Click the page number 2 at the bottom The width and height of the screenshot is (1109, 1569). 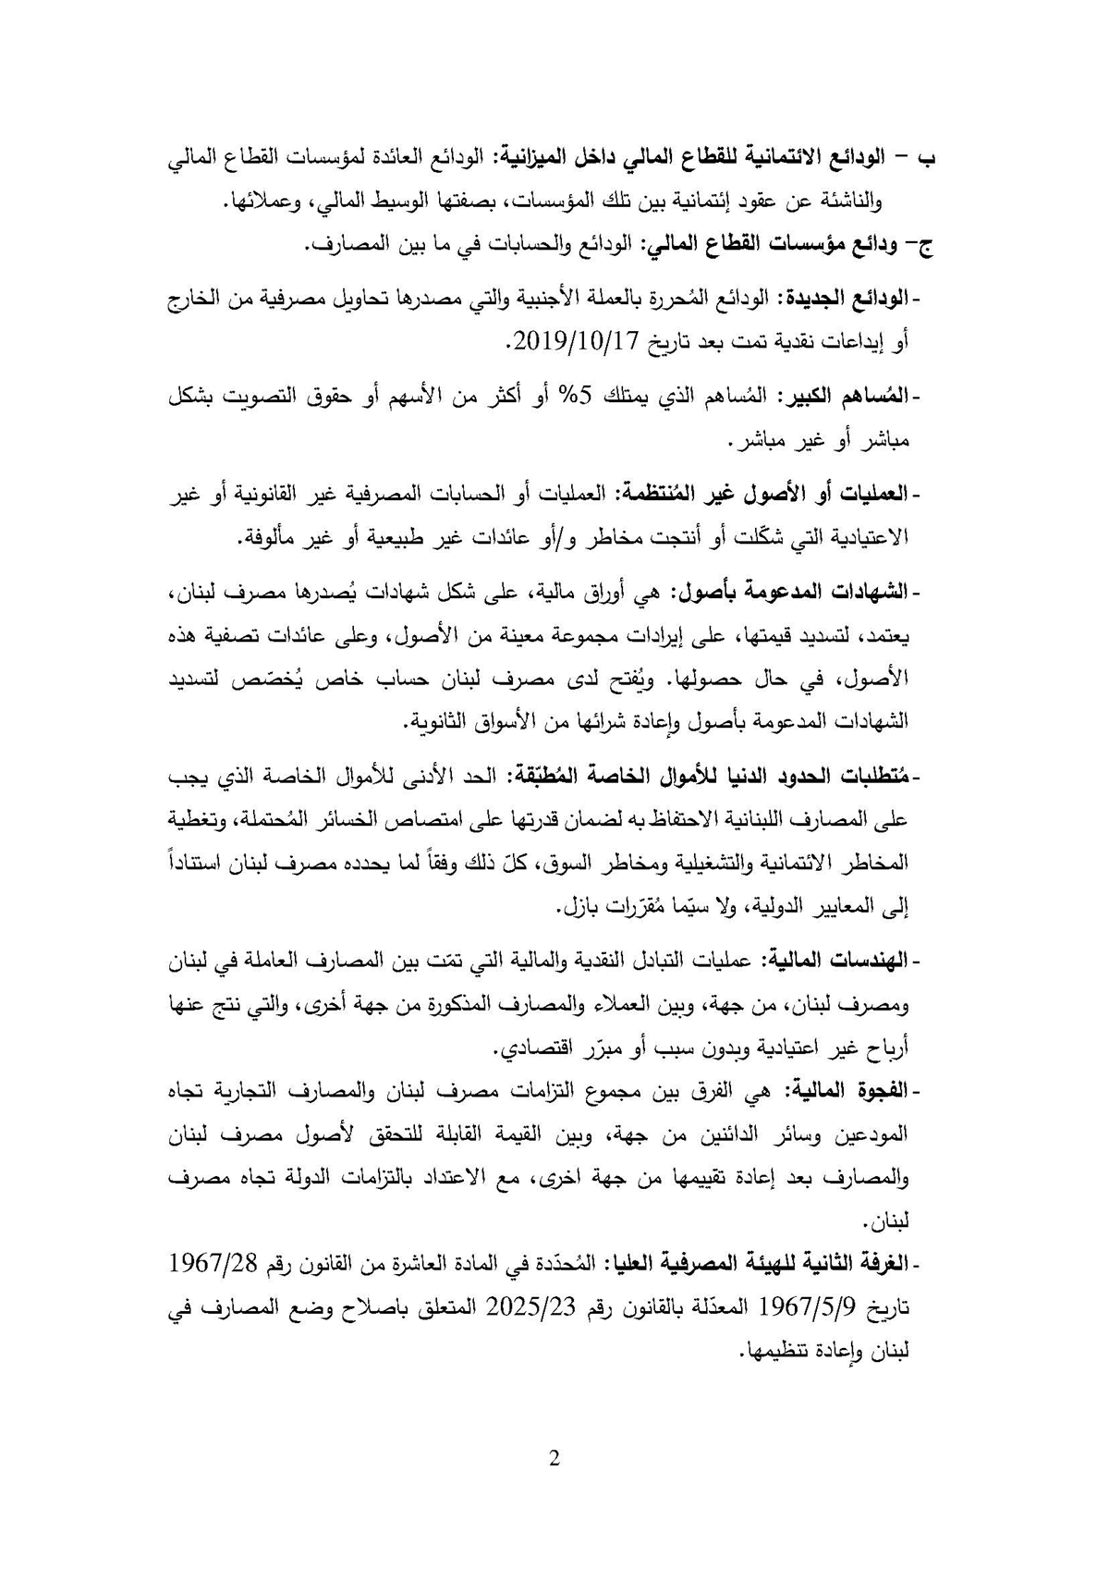coord(554,1460)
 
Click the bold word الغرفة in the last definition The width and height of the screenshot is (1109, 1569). coord(882,1263)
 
